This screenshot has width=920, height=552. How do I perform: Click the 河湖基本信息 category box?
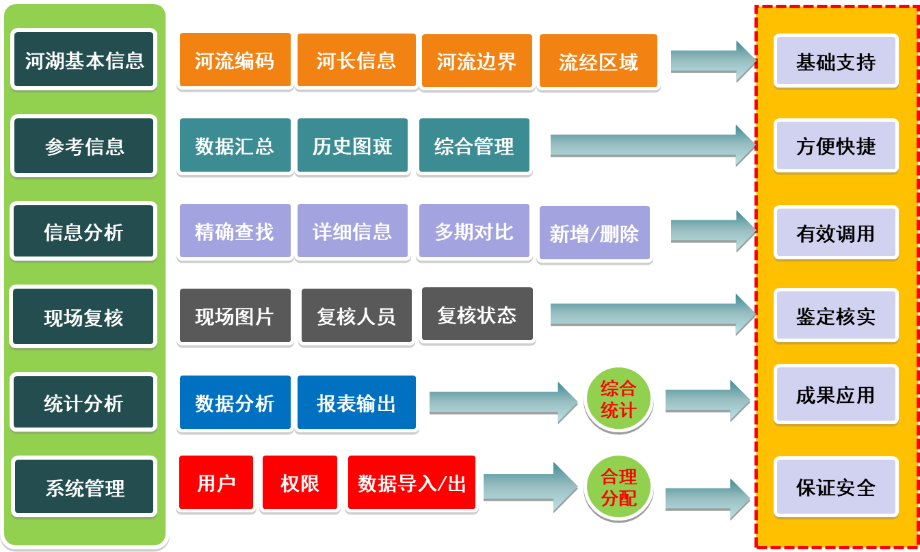(84, 60)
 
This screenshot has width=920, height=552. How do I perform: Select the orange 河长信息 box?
(356, 60)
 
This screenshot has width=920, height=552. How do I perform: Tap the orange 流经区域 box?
(599, 62)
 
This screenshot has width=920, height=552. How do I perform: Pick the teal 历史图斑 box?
(352, 146)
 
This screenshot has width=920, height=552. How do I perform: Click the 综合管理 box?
(474, 146)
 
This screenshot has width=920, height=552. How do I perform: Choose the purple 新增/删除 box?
(594, 233)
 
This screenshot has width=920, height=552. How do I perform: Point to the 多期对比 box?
(474, 231)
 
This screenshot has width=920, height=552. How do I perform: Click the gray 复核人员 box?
(356, 316)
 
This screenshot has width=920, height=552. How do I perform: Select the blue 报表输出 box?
(356, 402)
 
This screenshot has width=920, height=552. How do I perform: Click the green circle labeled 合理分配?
(618, 487)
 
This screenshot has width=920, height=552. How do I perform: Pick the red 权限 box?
(300, 483)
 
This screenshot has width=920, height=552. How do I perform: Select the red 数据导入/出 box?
(412, 483)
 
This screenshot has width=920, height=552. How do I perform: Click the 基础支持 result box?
(835, 62)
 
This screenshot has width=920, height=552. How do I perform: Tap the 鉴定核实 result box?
(835, 316)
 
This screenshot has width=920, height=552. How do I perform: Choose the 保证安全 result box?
(835, 487)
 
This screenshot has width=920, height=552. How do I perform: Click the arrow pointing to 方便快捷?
(650, 144)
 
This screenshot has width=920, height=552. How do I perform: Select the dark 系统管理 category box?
(84, 488)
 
